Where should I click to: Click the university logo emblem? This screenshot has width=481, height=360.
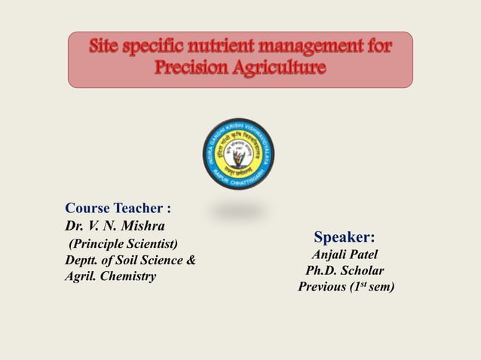pyautogui.click(x=240, y=155)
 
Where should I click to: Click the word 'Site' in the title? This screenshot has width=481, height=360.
pyautogui.click(x=106, y=47)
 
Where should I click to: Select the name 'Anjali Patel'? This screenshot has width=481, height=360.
pyautogui.click(x=345, y=255)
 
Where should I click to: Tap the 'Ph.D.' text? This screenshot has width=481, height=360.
pyautogui.click(x=320, y=271)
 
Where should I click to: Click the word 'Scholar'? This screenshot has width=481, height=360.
pyautogui.click(x=362, y=271)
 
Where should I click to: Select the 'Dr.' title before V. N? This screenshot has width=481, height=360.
pyautogui.click(x=73, y=225)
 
